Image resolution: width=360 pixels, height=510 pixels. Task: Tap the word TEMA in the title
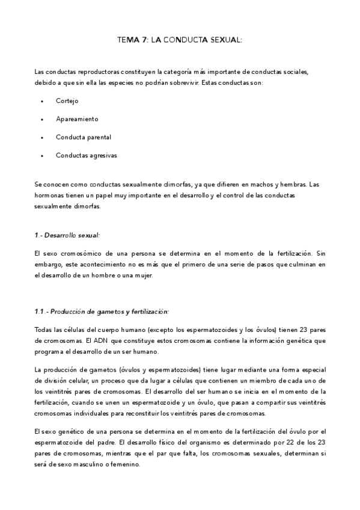128,40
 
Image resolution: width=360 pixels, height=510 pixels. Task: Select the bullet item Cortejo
67,101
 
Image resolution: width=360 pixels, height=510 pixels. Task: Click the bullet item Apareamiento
77,119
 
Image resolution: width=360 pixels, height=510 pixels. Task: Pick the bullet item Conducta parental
84,137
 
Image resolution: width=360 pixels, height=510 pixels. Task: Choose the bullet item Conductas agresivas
87,155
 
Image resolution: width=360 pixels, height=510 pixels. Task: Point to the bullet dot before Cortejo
41,101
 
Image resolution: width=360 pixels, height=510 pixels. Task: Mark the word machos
250,184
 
